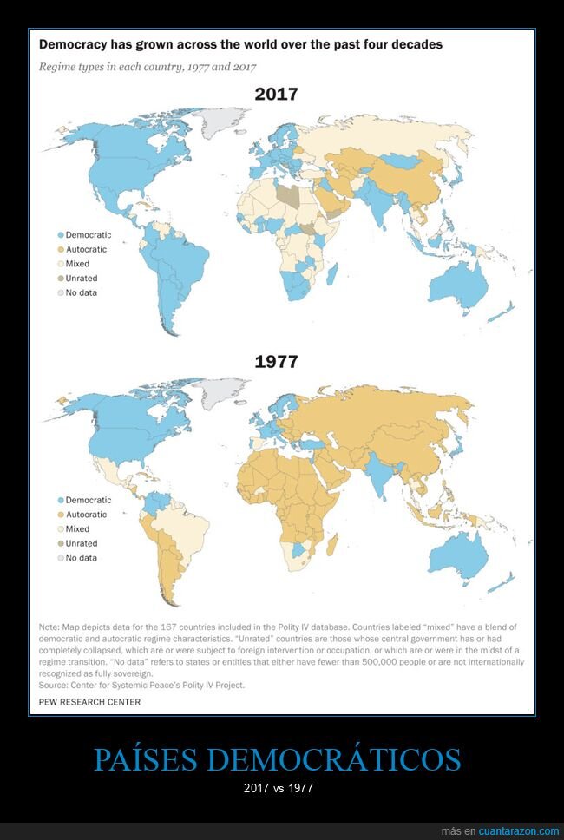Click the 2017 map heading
point(276,94)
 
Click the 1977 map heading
point(276,361)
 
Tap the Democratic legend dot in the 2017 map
point(61,235)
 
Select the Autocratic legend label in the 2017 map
point(86,250)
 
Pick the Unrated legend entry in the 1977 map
point(81,543)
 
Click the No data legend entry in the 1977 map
point(81,558)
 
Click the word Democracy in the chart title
point(73,43)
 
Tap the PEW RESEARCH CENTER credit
point(89,702)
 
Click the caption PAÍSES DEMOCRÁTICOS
point(277,759)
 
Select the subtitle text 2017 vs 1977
point(277,788)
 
